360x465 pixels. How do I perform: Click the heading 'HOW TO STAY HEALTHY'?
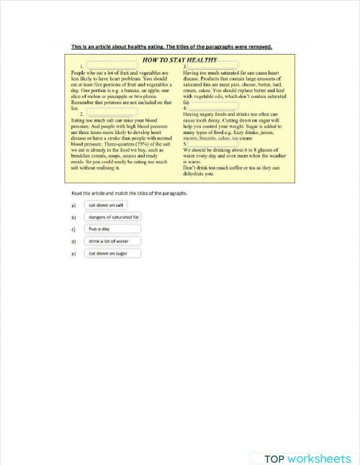click(181, 60)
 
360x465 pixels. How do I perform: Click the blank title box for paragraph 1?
click(112, 66)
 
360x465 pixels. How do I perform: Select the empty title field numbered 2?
click(112, 113)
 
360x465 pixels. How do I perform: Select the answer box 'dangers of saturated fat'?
click(113, 217)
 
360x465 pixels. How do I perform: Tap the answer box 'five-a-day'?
click(113, 229)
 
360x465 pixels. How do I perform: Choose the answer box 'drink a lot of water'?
click(113, 241)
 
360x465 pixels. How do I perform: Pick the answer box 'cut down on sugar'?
click(113, 253)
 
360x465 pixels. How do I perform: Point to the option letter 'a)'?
click(73, 205)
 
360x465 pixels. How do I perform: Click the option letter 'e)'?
click(73, 254)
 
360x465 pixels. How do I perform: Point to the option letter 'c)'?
click(73, 230)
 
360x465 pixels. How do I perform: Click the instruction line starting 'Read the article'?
click(129, 194)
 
